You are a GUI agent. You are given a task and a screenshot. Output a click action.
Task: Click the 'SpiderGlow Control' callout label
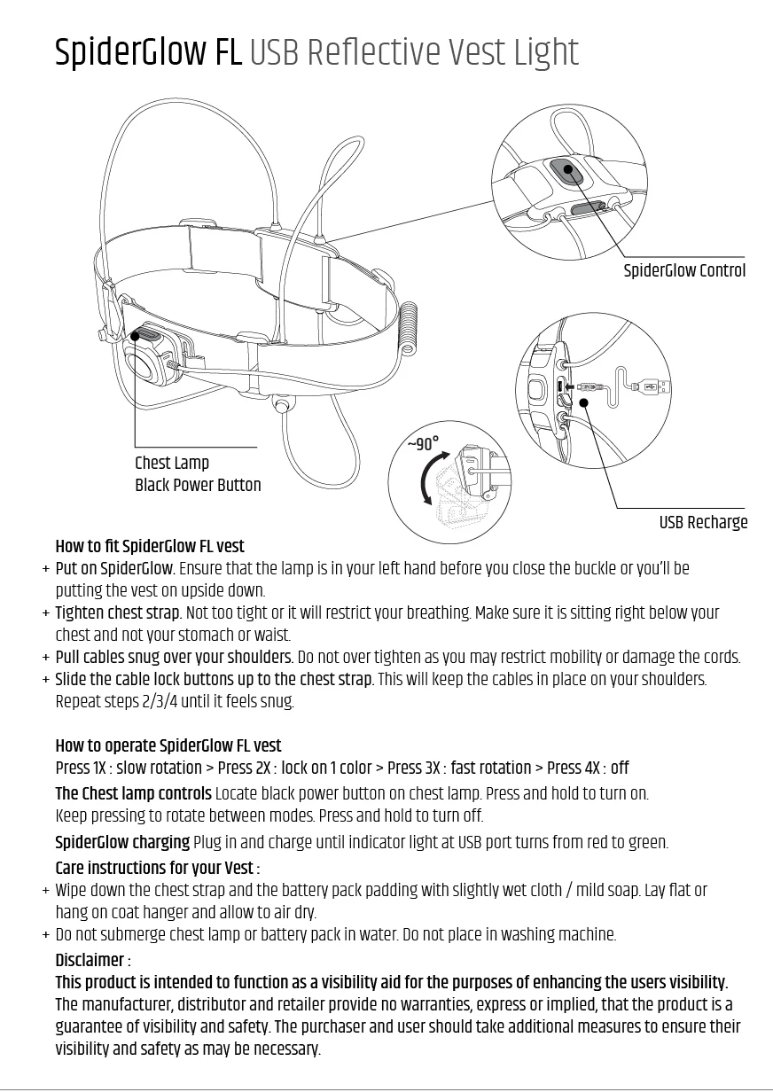[684, 271]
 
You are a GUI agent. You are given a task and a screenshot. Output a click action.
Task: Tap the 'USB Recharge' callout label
[703, 523]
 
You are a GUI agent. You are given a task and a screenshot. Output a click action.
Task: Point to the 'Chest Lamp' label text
[172, 463]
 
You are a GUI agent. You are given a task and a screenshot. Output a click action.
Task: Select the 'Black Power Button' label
[198, 486]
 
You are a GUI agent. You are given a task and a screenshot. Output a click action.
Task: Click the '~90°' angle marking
[423, 444]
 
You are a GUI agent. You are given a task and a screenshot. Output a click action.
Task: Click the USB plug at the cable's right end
[657, 386]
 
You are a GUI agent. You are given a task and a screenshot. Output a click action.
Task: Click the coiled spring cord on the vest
[409, 329]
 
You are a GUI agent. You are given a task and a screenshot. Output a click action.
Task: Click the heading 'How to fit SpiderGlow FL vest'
[150, 546]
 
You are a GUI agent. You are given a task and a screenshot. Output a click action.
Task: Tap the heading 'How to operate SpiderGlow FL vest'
[168, 745]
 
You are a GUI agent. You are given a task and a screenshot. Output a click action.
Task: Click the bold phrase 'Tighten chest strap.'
[118, 613]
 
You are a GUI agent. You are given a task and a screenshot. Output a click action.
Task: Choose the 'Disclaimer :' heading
[93, 961]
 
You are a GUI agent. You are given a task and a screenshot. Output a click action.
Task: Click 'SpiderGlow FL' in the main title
[148, 53]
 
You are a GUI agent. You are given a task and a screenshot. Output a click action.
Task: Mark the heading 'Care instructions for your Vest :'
[157, 868]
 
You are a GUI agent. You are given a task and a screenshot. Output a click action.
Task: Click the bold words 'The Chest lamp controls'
[133, 793]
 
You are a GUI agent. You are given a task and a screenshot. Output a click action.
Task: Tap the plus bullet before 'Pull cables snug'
[45, 658]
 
